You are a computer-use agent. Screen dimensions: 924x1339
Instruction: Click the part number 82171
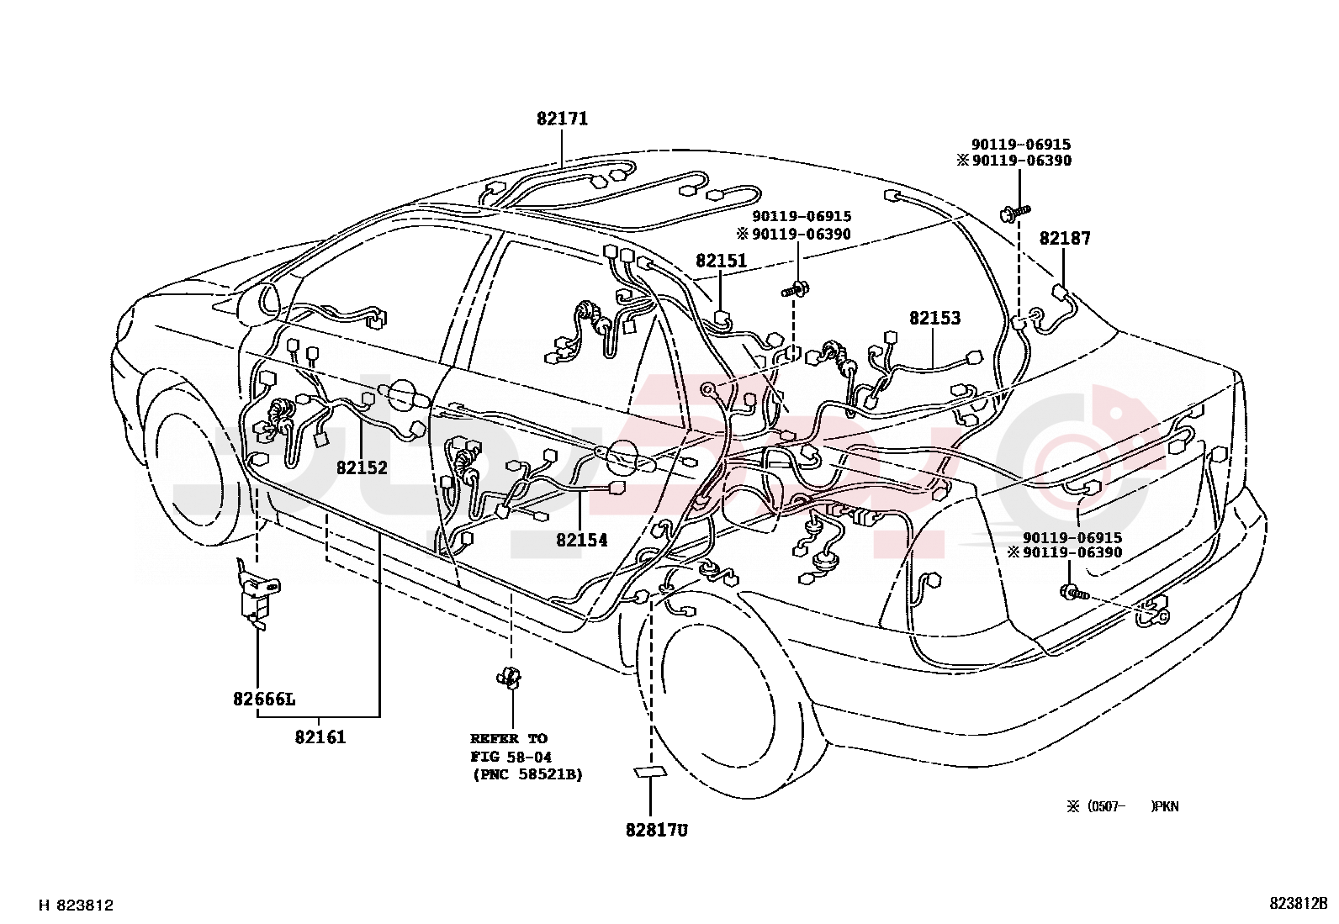(x=562, y=119)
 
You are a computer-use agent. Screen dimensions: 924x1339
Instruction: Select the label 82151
(x=721, y=261)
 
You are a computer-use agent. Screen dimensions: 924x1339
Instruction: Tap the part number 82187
(x=1064, y=238)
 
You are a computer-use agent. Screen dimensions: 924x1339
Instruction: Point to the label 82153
(x=934, y=318)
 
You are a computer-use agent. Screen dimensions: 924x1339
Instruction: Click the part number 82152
(x=362, y=467)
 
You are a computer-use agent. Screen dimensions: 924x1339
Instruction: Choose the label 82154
(x=581, y=540)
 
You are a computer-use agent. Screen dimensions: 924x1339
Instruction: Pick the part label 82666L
(x=264, y=699)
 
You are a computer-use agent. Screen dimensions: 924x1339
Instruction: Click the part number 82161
(x=320, y=737)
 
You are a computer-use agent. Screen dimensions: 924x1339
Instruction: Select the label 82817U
(x=656, y=830)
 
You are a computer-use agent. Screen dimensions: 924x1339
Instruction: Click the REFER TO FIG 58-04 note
(x=526, y=756)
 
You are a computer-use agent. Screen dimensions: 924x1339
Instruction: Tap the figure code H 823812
(x=76, y=906)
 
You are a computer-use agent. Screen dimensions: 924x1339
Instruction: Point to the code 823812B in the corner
(x=1298, y=904)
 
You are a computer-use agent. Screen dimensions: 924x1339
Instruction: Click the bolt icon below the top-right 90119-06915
(x=1015, y=212)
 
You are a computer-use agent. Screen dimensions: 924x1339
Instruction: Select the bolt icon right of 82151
(x=797, y=290)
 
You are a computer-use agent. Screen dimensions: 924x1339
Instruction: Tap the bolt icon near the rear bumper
(x=1072, y=593)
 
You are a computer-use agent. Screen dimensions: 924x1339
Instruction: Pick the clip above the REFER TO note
(x=510, y=677)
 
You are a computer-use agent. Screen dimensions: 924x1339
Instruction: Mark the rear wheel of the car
(x=723, y=698)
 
